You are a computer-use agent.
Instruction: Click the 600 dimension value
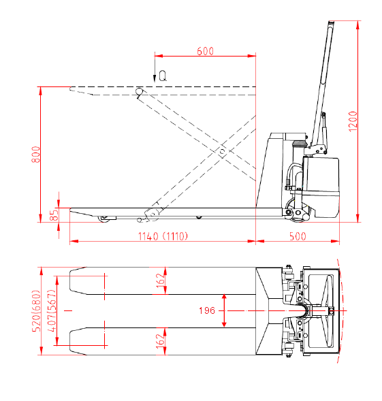(x=205, y=51)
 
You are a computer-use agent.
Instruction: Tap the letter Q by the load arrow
(x=163, y=76)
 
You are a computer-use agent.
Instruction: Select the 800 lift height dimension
(x=36, y=155)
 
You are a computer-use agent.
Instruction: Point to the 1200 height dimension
(x=353, y=121)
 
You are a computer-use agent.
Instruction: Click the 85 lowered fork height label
(x=54, y=215)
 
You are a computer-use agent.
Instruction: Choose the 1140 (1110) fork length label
(x=163, y=236)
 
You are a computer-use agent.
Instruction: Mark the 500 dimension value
(x=298, y=236)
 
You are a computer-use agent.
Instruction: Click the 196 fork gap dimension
(x=207, y=310)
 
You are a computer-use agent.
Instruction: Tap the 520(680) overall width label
(x=36, y=311)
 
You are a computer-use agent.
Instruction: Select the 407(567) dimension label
(x=52, y=311)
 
